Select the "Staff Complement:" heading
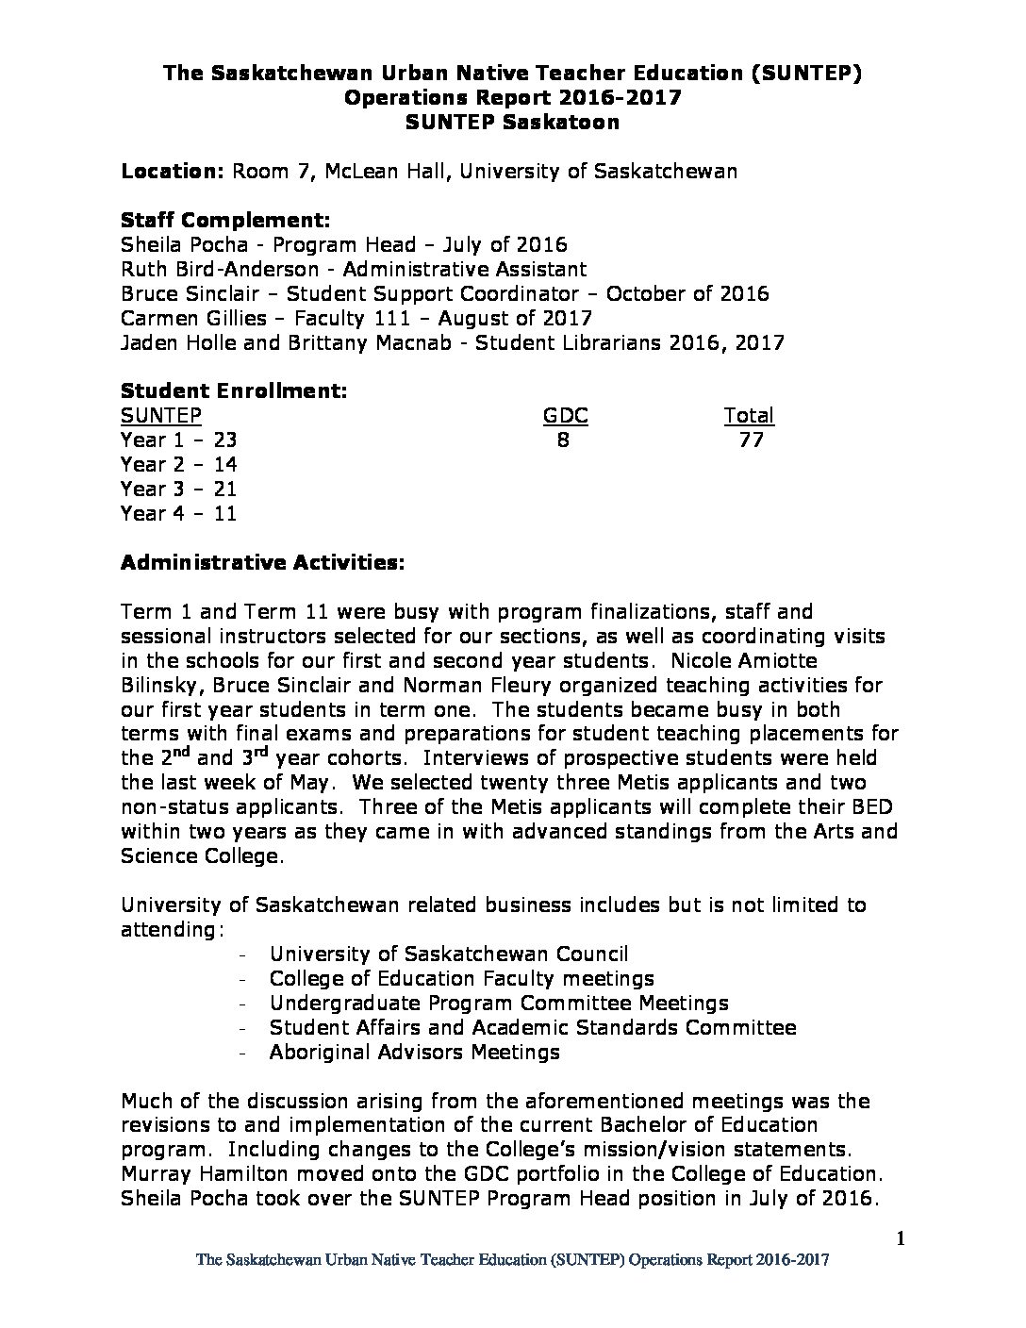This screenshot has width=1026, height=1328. pyautogui.click(x=225, y=220)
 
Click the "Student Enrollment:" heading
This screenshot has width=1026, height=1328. pyautogui.click(x=234, y=390)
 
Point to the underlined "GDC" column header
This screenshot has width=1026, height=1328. pyautogui.click(x=565, y=415)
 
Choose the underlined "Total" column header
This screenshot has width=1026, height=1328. pyautogui.click(x=749, y=415)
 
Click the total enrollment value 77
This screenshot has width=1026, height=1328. pyautogui.click(x=752, y=440)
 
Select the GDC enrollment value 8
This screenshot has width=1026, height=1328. pyautogui.click(x=563, y=440)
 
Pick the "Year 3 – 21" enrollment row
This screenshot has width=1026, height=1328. pyautogui.click(x=179, y=489)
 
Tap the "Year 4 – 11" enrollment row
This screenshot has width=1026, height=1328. pyautogui.click(x=179, y=513)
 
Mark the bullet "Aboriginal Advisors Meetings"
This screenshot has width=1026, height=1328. pyautogui.click(x=414, y=1052)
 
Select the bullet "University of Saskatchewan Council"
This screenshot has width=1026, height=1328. pyautogui.click(x=448, y=954)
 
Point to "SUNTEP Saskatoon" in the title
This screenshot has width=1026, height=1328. pyautogui.click(x=512, y=122)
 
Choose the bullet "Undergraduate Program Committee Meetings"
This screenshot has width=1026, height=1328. pyautogui.click(x=499, y=1003)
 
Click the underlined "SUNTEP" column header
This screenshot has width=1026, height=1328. pyautogui.click(x=160, y=415)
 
